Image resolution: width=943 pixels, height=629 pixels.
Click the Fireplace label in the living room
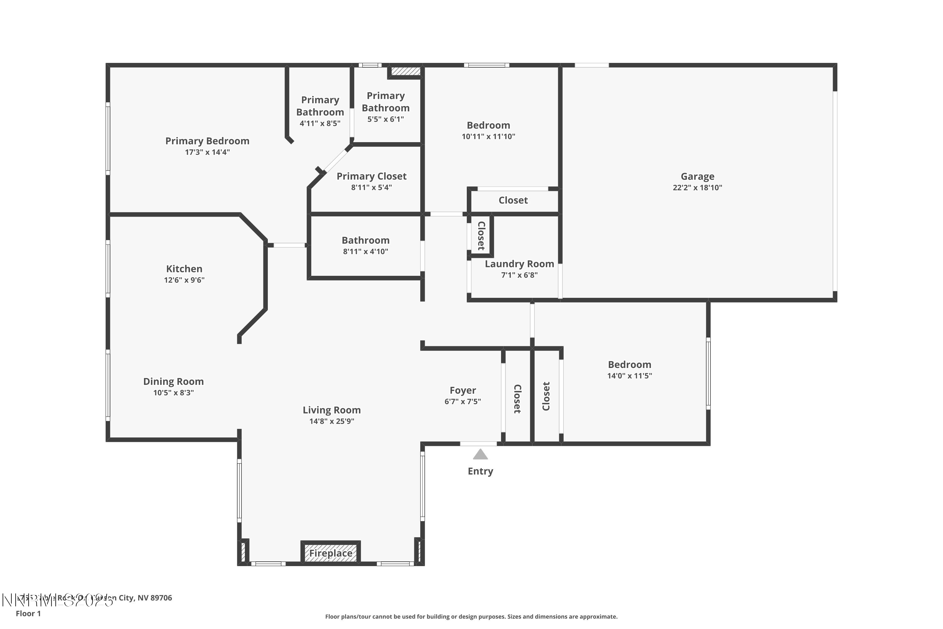pyautogui.click(x=330, y=553)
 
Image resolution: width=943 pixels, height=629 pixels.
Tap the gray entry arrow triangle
pyautogui.click(x=480, y=454)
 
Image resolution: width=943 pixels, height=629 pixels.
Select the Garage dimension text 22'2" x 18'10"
pyautogui.click(x=697, y=187)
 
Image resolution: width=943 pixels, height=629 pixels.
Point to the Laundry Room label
pyautogui.click(x=519, y=264)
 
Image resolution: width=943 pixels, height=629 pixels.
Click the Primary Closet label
pyautogui.click(x=371, y=176)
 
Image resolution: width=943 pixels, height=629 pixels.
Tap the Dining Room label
pyautogui.click(x=173, y=381)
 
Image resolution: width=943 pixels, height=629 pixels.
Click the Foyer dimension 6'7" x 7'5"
pyautogui.click(x=462, y=402)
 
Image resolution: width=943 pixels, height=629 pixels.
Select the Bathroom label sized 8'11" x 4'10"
pyautogui.click(x=365, y=240)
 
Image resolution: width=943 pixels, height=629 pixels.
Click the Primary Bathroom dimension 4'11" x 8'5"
pyautogui.click(x=320, y=123)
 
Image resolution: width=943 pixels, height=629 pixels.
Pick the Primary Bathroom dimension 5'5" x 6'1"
pyautogui.click(x=385, y=119)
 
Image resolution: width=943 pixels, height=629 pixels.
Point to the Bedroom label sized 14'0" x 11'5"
pyautogui.click(x=630, y=365)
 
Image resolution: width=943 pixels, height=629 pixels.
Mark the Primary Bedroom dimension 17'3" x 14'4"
pyautogui.click(x=207, y=152)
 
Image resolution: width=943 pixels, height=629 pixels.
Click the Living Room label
pyautogui.click(x=331, y=410)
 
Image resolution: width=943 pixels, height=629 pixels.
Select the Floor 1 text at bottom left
pyautogui.click(x=28, y=613)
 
